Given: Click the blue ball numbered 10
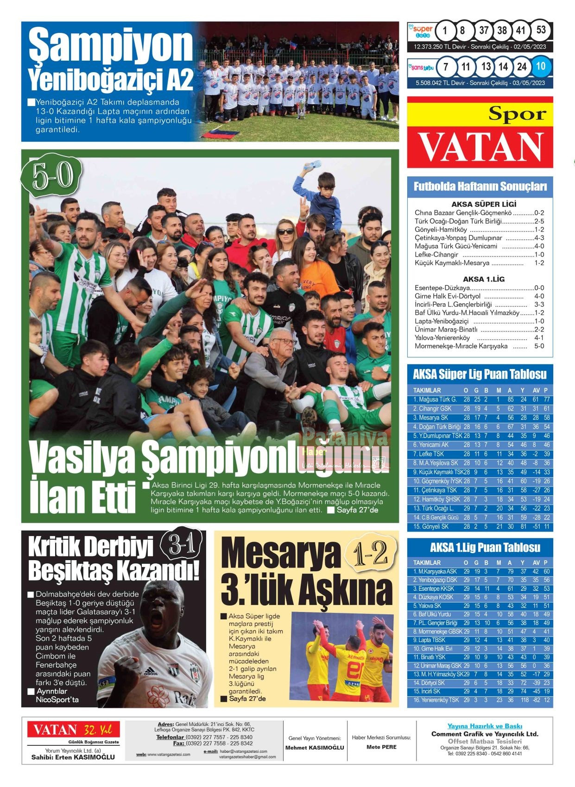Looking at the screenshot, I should click(540, 67).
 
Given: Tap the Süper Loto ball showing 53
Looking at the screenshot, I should click(541, 31).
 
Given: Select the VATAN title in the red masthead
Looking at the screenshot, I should click(480, 147).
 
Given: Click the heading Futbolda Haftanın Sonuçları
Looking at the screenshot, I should click(480, 187).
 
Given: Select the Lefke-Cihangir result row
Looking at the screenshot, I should click(479, 255).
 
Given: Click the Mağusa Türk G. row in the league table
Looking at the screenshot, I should click(480, 400).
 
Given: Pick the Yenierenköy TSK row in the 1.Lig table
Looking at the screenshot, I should click(480, 700).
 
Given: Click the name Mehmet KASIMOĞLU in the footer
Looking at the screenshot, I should click(315, 748).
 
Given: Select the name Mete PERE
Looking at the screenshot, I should click(381, 747).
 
